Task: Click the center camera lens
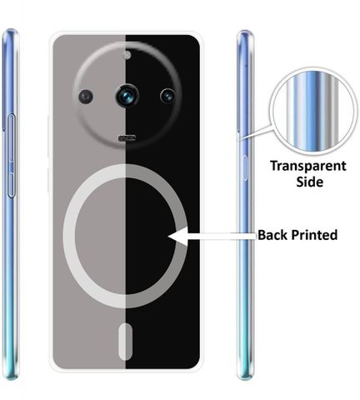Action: point(127,96)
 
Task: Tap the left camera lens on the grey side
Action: point(86,97)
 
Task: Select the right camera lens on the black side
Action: point(167,96)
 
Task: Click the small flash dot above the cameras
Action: point(127,55)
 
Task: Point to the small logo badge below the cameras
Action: point(127,137)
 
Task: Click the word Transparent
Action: point(308,167)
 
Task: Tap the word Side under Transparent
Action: point(309,182)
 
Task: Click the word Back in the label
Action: point(272,235)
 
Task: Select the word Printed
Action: point(314,235)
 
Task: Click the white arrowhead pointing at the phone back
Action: point(177,236)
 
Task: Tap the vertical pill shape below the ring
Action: point(126,341)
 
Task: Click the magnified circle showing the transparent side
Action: point(314,111)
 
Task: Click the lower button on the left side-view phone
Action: point(11,185)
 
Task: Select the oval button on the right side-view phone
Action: point(245,168)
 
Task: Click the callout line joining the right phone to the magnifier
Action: point(255,132)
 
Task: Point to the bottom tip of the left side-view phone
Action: point(11,379)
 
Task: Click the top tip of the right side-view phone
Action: point(245,30)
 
